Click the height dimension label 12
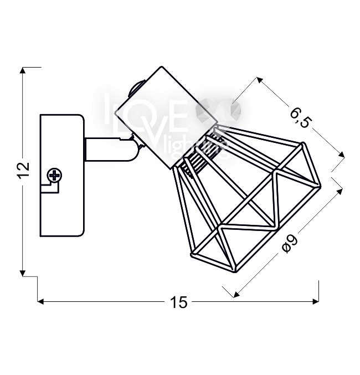click(24, 170)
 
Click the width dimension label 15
click(179, 302)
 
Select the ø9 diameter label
click(290, 244)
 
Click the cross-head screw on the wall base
click(55, 175)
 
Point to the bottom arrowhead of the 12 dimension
click(23, 273)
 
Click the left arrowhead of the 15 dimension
click(40, 301)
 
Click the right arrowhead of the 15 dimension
click(316, 301)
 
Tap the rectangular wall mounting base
click(62, 176)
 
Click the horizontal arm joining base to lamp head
click(110, 150)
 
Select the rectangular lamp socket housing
click(167, 117)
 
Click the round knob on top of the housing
click(136, 88)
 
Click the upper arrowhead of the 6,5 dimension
click(259, 80)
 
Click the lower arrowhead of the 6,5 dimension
click(342, 155)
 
